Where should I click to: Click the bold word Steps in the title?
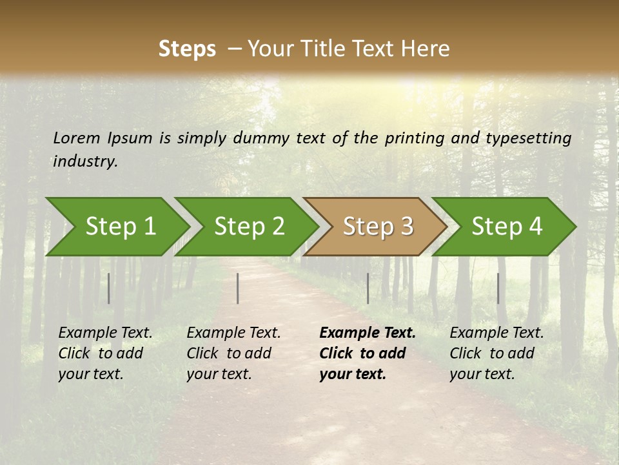pos(187,49)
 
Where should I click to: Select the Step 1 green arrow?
pos(119,227)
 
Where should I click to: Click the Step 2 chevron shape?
pos(248,227)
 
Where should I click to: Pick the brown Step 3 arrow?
pos(377,227)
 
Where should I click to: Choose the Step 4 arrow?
pos(506,227)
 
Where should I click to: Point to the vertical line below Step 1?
pos(109,288)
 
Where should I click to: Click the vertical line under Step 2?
pos(238,288)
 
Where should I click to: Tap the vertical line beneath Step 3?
pos(368,288)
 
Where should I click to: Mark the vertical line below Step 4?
pos(498,288)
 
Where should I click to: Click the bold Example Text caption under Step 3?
pos(367,353)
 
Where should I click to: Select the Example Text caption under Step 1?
pos(105,353)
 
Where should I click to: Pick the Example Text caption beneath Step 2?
pos(233,353)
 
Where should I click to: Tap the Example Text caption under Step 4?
pos(496,353)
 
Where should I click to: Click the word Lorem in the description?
pos(77,138)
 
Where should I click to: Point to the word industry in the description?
pos(84,161)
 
